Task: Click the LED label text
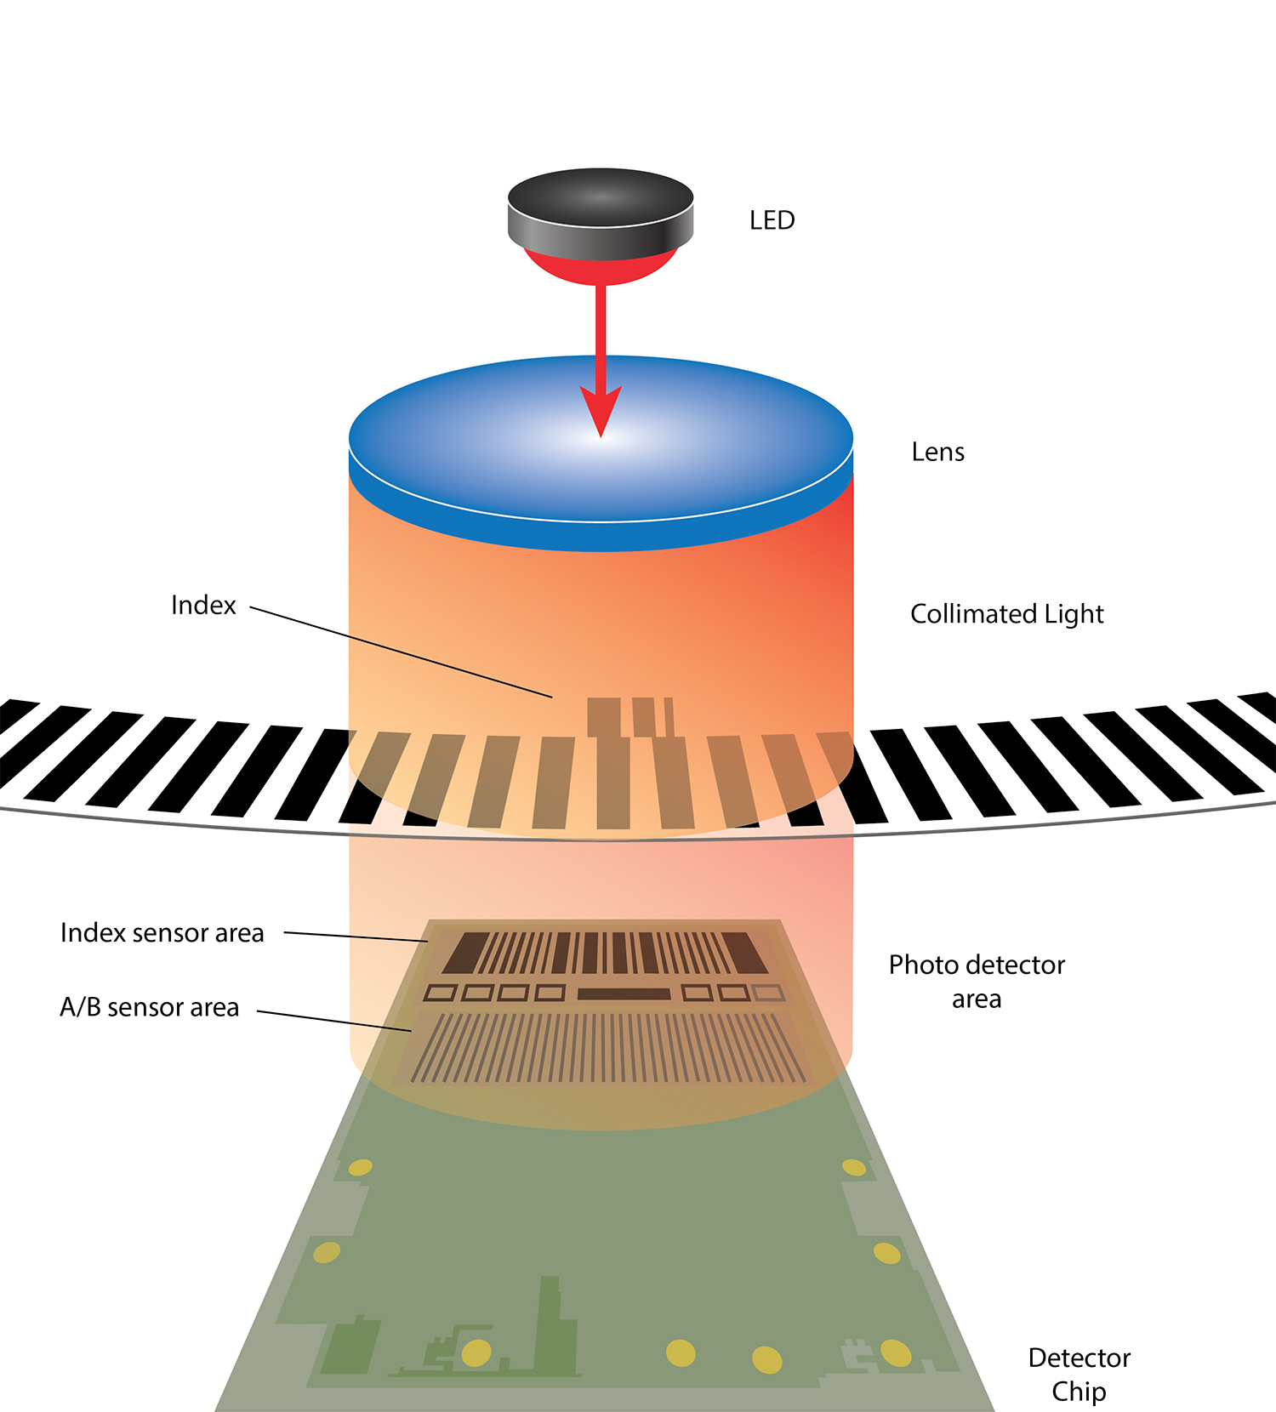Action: (x=772, y=220)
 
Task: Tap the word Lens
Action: (x=937, y=452)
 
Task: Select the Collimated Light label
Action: (x=1006, y=614)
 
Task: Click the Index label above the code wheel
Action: (x=203, y=605)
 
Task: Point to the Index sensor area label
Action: (x=162, y=933)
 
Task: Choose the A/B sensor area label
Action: (x=149, y=1007)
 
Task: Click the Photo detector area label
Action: (x=977, y=982)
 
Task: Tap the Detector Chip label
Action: (x=1079, y=1374)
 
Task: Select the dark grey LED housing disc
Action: (x=601, y=213)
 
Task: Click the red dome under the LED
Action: (x=601, y=267)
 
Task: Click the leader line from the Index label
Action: (x=400, y=652)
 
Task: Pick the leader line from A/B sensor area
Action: (x=334, y=1021)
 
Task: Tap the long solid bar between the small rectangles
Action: (x=624, y=994)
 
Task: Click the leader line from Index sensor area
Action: (x=356, y=937)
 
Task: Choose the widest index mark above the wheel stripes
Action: (x=604, y=717)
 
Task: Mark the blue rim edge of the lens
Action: (x=601, y=536)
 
